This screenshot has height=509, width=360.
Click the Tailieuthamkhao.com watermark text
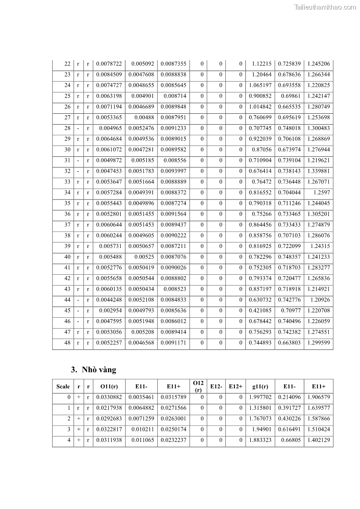(x=325, y=7)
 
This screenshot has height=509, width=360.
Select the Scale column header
(x=63, y=387)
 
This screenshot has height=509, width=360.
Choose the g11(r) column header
(x=260, y=387)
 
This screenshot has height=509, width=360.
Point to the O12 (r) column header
(x=198, y=387)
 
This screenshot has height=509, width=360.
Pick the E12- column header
(x=216, y=387)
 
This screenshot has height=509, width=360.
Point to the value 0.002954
(x=111, y=311)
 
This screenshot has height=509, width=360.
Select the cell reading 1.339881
(x=318, y=171)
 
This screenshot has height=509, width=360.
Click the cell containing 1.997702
(x=260, y=397)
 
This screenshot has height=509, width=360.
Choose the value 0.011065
(x=143, y=440)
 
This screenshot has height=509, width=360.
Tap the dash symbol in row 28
(x=78, y=128)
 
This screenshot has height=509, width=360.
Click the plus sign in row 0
(x=78, y=397)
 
